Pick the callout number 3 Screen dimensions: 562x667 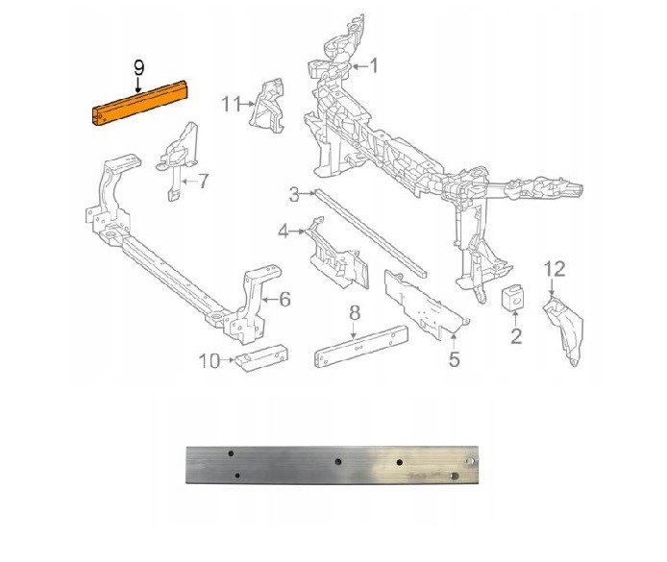coord(294,196)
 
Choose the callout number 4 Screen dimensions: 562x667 coord(284,232)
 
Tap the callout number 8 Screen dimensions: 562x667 coord(354,312)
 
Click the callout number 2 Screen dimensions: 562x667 coord(515,336)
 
